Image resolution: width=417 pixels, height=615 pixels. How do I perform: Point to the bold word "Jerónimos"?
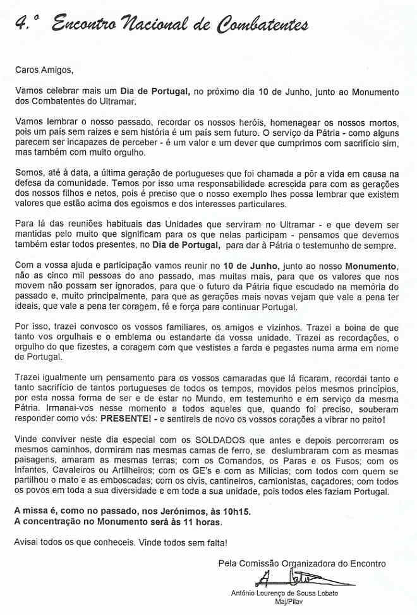click(188, 511)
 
